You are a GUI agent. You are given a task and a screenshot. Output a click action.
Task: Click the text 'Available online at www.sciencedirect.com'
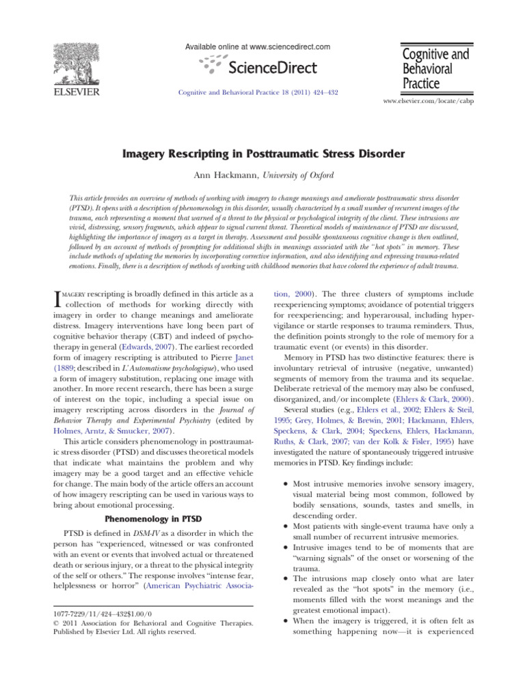tap(258, 46)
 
